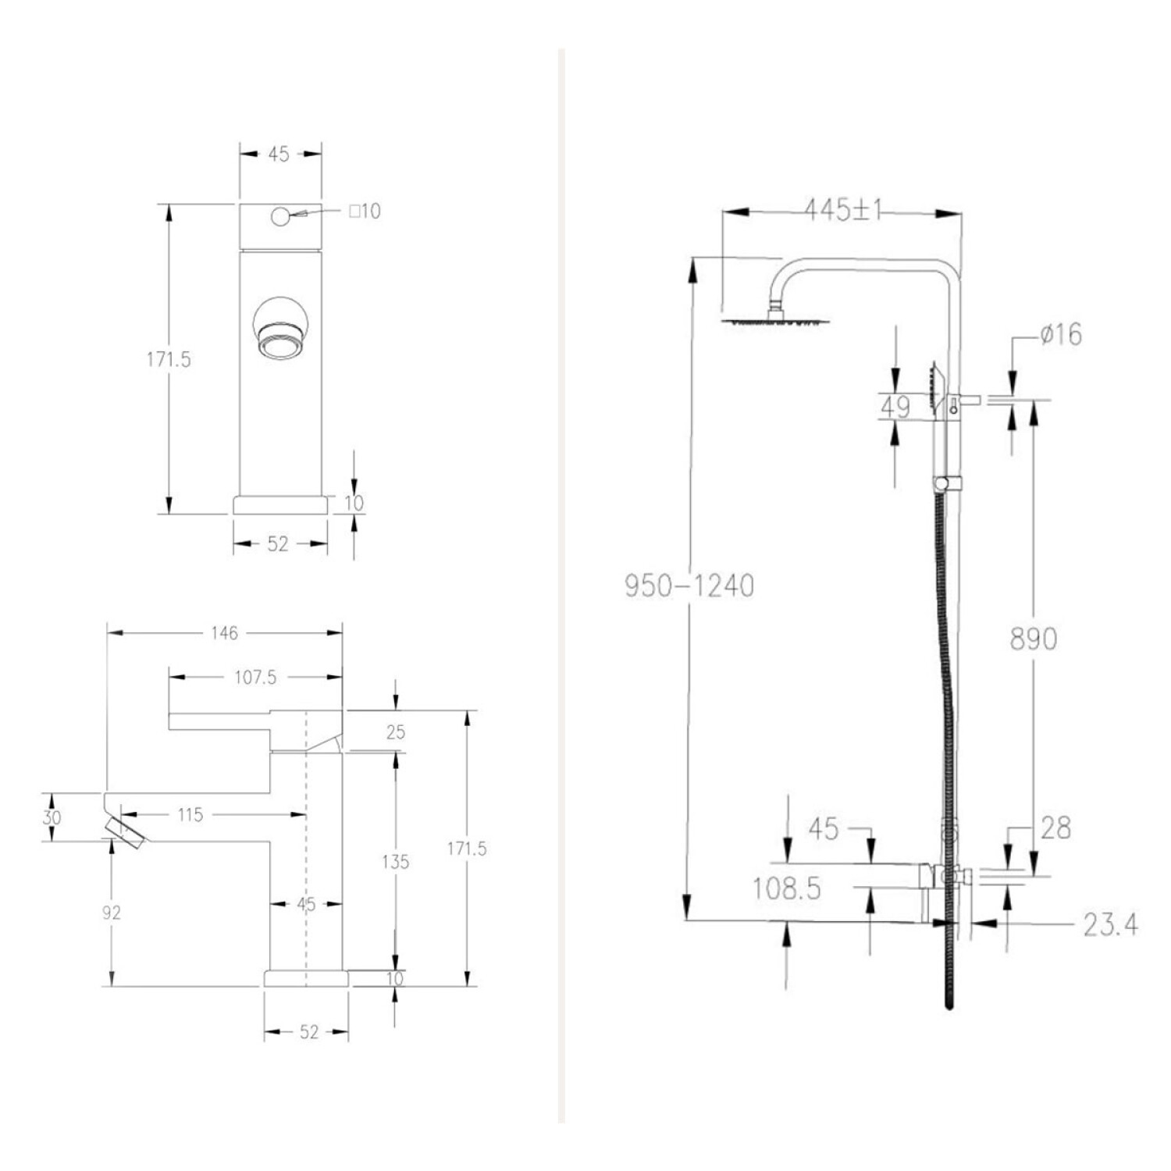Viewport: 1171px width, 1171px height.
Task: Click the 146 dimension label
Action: point(224,633)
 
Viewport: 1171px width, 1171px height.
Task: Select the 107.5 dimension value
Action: point(255,678)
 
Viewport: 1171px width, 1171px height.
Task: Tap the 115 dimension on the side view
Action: point(190,815)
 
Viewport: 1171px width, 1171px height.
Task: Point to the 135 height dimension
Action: point(395,862)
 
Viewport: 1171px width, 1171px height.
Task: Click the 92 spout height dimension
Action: point(112,913)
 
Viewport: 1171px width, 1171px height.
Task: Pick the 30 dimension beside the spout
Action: point(52,817)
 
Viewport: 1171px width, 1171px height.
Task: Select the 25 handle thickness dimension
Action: point(396,732)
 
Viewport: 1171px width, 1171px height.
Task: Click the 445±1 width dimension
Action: point(843,209)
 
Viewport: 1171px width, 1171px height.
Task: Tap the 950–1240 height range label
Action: point(689,585)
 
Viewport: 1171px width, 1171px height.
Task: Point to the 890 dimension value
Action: point(1034,639)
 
